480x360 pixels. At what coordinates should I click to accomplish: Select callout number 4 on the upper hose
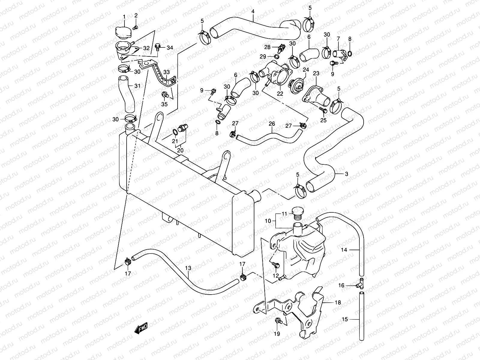coord(253,12)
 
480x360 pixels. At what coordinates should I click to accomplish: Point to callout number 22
coord(280,94)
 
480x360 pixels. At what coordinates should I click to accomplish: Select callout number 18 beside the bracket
coord(338,303)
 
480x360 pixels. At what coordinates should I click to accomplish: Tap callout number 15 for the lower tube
coord(345,319)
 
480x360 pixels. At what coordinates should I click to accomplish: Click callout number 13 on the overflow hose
coord(188,268)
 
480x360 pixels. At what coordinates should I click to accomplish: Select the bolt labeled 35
coord(164,95)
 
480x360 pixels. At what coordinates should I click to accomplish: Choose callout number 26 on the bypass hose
coord(272,123)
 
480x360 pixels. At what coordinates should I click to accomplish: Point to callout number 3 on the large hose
coord(346,174)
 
